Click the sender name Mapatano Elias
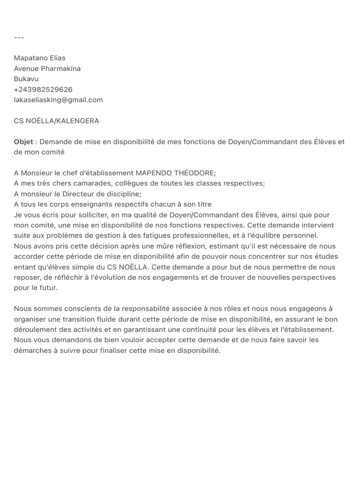(39, 58)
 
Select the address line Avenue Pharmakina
(47, 68)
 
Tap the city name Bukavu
(26, 79)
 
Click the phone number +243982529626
(43, 90)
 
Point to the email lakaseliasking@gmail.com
(58, 100)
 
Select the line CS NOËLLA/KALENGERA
(56, 121)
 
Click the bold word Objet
(23, 142)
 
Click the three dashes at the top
(19, 37)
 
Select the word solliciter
(82, 215)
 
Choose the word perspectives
(313, 277)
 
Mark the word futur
(48, 288)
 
